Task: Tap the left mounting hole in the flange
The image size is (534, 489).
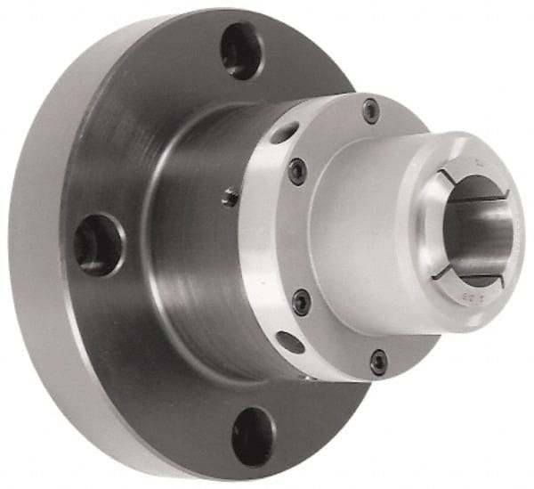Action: tap(97, 243)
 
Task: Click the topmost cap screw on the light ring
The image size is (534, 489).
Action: tap(370, 111)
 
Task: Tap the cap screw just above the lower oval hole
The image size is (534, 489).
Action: tap(302, 302)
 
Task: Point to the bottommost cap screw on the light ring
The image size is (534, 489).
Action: tap(379, 361)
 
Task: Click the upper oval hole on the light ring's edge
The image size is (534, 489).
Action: tap(284, 134)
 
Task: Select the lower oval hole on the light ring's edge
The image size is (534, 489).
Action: tap(291, 341)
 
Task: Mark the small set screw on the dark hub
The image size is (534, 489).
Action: tap(230, 198)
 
